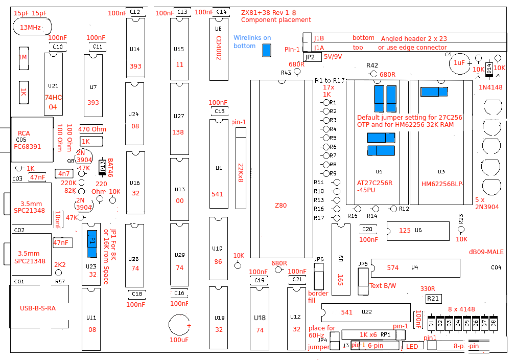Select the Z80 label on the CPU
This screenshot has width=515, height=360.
[x=280, y=206]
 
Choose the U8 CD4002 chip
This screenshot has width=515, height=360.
[x=219, y=50]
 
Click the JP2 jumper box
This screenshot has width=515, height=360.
[x=310, y=57]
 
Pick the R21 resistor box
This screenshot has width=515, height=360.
[x=433, y=299]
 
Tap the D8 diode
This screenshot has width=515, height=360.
[x=494, y=323]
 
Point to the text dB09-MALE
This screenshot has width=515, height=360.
[x=486, y=252]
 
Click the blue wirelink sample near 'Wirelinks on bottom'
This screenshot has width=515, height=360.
[x=266, y=50]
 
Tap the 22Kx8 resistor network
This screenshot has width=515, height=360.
[x=241, y=169]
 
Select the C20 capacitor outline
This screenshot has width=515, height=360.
[x=367, y=230]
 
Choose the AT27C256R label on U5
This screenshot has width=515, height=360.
[x=374, y=183]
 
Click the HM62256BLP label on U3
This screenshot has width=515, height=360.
[x=441, y=184]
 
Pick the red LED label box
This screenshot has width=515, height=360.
[x=412, y=346]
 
